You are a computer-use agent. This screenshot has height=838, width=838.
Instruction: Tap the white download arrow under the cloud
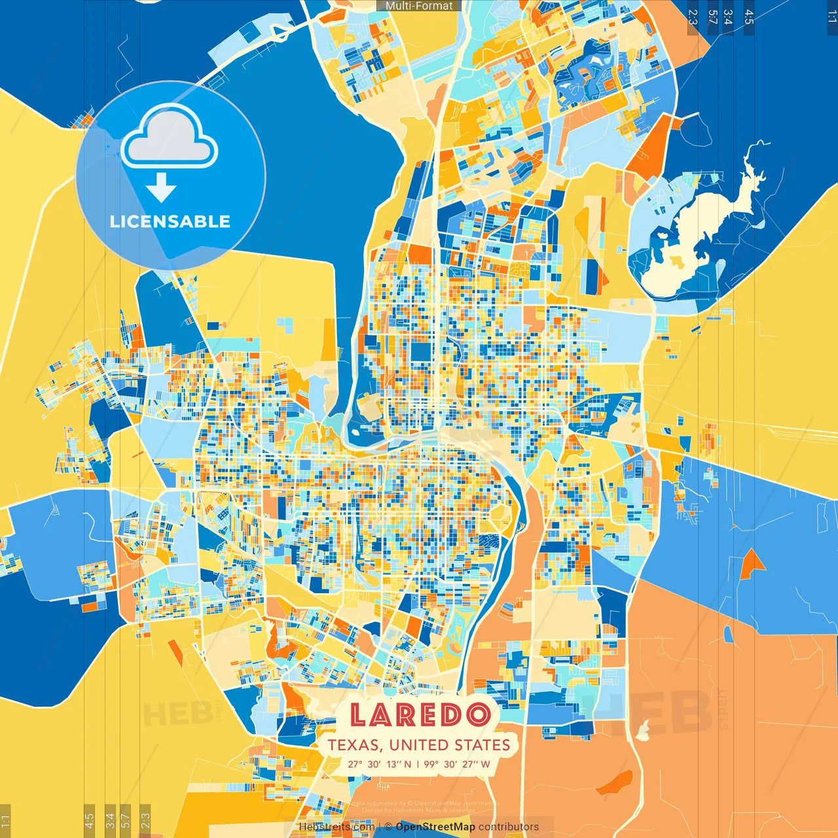click(160, 188)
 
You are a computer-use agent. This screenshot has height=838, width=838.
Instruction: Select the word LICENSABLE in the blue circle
click(170, 221)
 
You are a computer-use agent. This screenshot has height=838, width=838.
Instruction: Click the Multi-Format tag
click(419, 6)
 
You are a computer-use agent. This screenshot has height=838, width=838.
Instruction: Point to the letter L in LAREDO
click(359, 715)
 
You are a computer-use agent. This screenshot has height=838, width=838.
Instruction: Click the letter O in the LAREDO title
click(479, 715)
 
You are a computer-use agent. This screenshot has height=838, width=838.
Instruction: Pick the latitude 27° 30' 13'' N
click(380, 764)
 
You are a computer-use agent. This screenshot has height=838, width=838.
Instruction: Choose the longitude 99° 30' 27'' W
click(457, 764)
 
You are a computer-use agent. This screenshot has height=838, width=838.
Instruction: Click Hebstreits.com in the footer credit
click(337, 827)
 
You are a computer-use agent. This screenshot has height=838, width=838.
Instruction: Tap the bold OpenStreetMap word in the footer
click(435, 827)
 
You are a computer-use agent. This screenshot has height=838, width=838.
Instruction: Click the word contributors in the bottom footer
click(509, 827)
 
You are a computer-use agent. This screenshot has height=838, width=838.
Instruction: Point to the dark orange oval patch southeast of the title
click(615, 780)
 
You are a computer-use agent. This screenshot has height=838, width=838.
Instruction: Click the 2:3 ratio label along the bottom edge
click(145, 820)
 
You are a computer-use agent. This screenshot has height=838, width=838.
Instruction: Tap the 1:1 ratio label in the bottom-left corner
click(5, 820)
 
